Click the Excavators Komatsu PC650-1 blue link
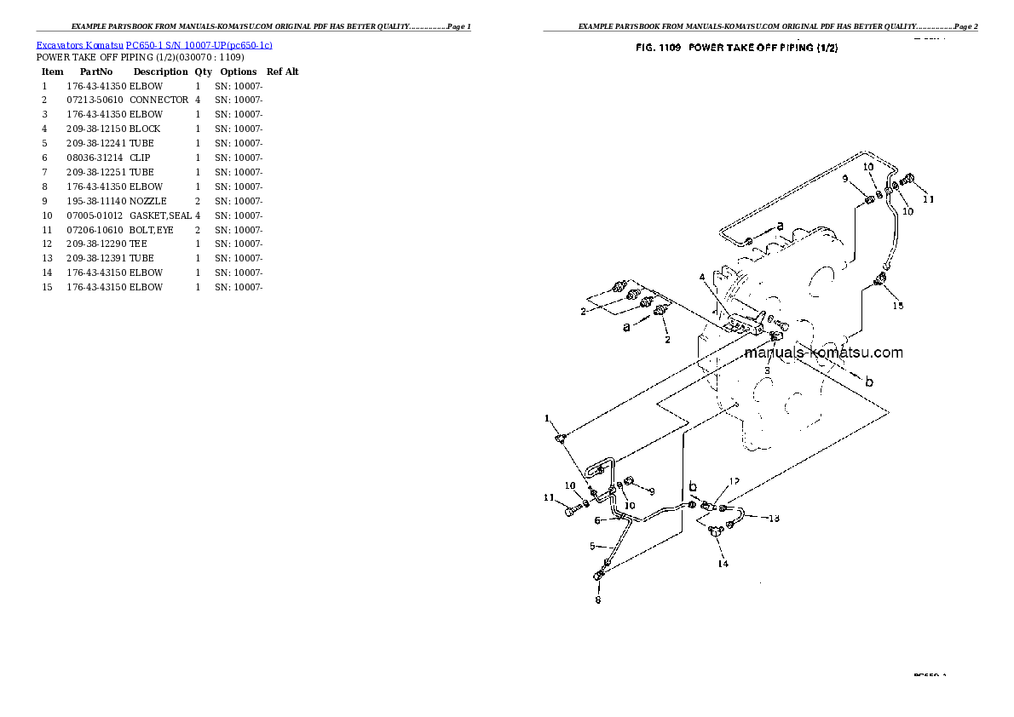point(154,44)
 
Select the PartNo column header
point(96,72)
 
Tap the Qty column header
point(203,72)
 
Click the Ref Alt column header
point(282,72)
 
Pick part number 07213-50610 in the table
point(95,100)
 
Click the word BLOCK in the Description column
point(145,129)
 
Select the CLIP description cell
point(140,158)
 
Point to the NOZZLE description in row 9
point(147,201)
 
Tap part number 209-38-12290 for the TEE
point(95,244)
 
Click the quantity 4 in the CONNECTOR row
point(198,100)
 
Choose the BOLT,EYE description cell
point(151,230)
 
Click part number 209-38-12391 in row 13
point(95,258)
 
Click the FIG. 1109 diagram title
point(736,49)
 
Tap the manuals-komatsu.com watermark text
point(823,353)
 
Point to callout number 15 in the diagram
point(897,305)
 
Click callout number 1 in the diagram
point(549,418)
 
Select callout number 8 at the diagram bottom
point(597,599)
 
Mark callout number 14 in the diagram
point(722,564)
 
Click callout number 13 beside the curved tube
point(774,518)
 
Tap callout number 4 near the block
point(702,277)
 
